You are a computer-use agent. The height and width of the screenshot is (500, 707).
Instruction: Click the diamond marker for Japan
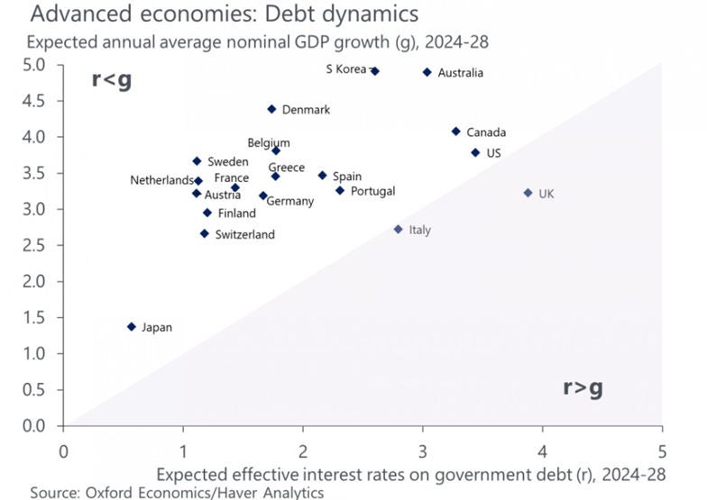[x=132, y=327]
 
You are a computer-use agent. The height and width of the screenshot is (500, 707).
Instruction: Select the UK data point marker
[x=528, y=193]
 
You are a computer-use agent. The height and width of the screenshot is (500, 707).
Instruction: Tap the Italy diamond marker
[x=399, y=230]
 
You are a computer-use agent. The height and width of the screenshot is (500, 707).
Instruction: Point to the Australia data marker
[x=427, y=72]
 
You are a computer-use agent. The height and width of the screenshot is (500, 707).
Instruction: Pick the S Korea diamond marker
[x=375, y=70]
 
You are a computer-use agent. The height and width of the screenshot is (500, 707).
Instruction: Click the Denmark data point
[x=271, y=109]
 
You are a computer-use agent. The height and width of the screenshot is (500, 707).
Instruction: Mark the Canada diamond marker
[x=456, y=132]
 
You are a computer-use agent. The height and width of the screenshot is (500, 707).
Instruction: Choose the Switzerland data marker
[x=205, y=234]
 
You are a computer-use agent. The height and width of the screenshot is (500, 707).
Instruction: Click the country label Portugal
[x=373, y=191]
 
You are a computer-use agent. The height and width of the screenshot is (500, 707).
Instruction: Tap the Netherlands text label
[x=161, y=180]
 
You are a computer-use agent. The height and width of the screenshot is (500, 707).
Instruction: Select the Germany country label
[x=290, y=201]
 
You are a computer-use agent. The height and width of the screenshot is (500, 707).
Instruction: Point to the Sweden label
[x=228, y=161]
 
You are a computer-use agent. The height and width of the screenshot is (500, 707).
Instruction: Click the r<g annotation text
[x=112, y=78]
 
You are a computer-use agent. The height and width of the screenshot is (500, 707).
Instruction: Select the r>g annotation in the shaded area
[x=583, y=387]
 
